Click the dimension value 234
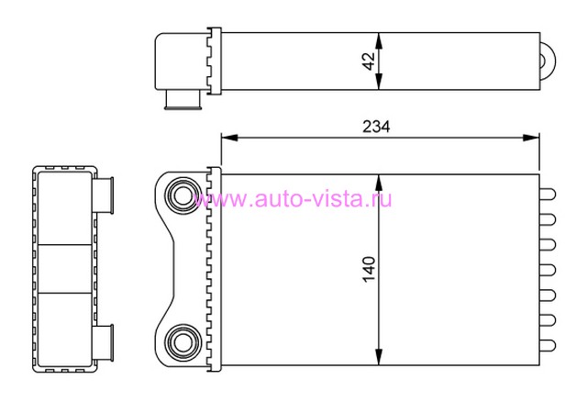click(x=376, y=127)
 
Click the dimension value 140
click(x=369, y=269)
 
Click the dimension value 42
click(x=369, y=61)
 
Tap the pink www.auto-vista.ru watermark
click(x=293, y=198)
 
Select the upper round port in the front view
click(x=183, y=195)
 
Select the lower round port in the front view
click(x=183, y=343)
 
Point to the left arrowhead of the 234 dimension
click(x=229, y=138)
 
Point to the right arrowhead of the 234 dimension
click(x=531, y=138)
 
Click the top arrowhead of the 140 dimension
click(x=379, y=183)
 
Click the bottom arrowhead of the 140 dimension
click(x=379, y=356)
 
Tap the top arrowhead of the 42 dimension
click(x=379, y=40)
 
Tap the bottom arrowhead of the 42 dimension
click(x=379, y=82)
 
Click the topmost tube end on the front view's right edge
click(x=548, y=194)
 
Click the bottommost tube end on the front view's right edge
click(x=548, y=345)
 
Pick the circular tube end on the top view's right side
click(x=548, y=61)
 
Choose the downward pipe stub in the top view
click(x=183, y=100)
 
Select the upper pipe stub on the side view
click(x=104, y=195)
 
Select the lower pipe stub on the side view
click(x=104, y=343)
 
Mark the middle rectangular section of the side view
click(x=65, y=269)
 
